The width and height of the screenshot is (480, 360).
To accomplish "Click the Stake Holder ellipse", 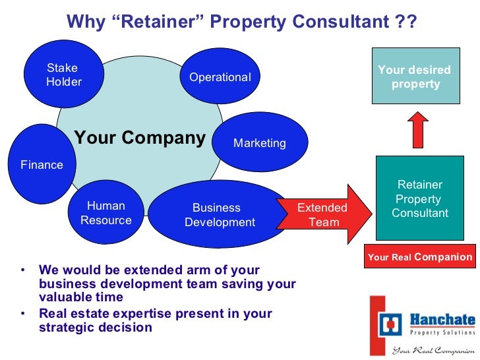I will point(63,75).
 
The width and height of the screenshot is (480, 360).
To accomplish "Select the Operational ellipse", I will point(220,77).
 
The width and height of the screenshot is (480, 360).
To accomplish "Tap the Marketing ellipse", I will point(260,142).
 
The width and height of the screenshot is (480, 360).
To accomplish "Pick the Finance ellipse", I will point(42,164).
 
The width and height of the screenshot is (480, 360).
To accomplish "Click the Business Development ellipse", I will point(219,215).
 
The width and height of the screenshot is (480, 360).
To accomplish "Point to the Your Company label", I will point(140,138).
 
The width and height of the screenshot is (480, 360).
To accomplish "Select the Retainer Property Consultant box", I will point(419,198).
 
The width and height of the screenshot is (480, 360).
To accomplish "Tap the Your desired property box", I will point(415,77).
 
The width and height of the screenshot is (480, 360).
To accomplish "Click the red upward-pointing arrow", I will point(417,129).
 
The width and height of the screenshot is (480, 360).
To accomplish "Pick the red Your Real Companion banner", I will point(419,256).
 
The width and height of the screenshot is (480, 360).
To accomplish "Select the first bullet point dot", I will point(23,270).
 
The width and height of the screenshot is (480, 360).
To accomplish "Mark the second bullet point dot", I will point(23,314).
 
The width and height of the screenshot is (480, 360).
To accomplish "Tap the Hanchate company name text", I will point(442,320).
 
